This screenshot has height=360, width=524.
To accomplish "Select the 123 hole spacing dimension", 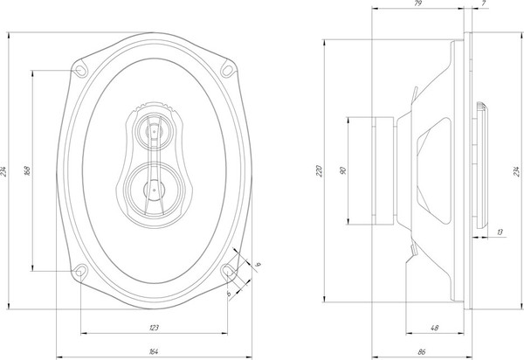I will [154, 329].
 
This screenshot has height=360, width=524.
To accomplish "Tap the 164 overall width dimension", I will [154, 352].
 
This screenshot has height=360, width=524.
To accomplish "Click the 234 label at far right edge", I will [518, 170].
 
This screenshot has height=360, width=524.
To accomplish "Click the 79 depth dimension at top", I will [417, 5].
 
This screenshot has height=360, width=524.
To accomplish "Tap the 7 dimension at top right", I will [483, 5].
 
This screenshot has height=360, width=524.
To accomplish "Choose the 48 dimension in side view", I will [434, 329].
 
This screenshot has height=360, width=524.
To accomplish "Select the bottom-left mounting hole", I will [80, 270].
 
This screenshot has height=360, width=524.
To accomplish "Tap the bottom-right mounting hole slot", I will [229, 272].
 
